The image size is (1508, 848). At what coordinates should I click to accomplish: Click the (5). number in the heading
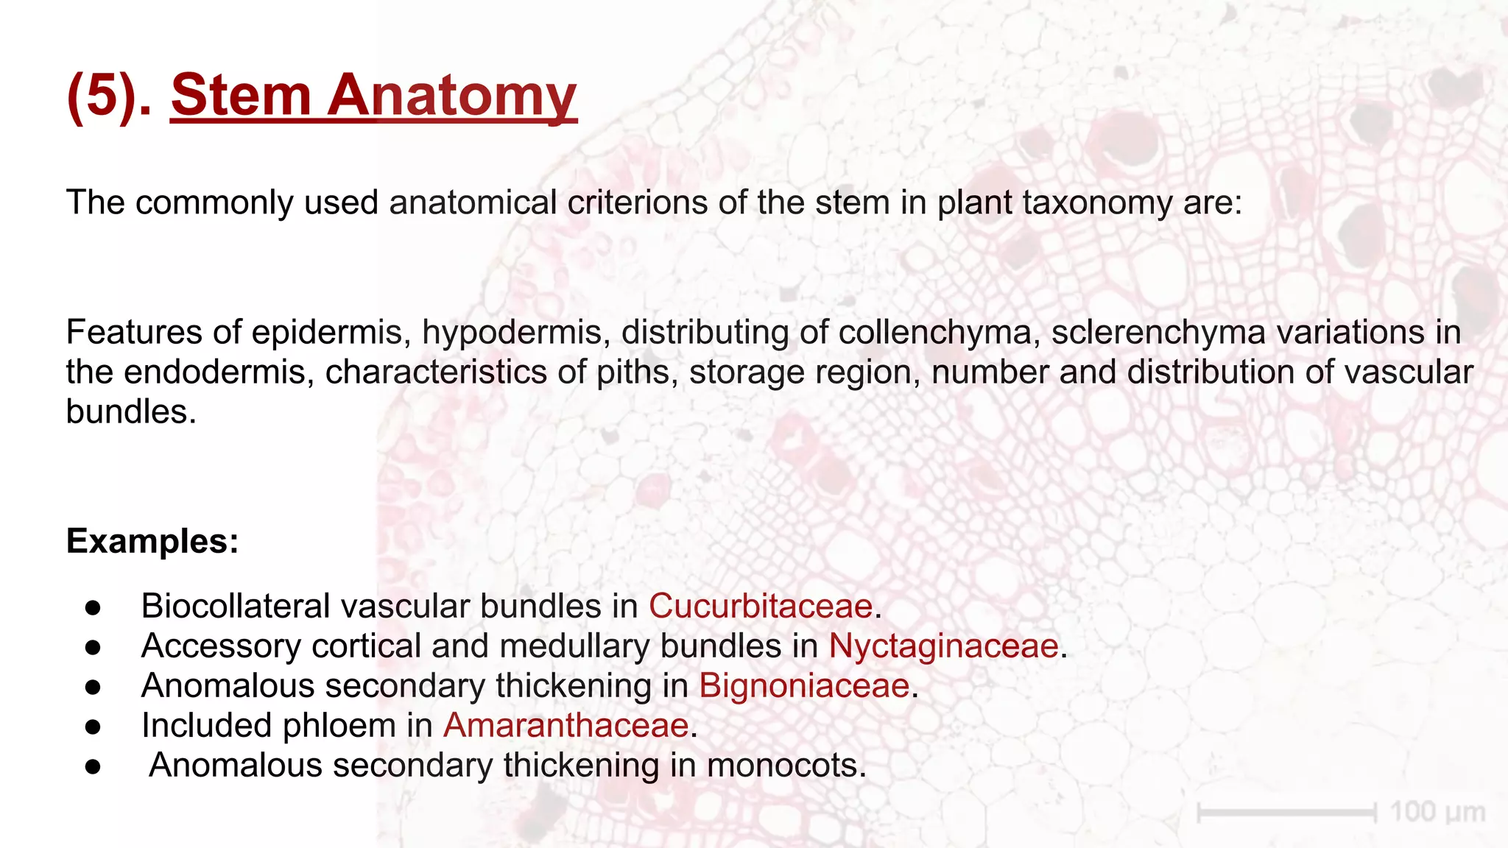(x=109, y=96)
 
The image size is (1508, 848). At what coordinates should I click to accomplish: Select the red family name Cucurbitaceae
(x=760, y=607)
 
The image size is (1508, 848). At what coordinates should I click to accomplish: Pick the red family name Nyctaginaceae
(x=943, y=646)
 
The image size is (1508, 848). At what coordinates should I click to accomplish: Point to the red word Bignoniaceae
(x=804, y=686)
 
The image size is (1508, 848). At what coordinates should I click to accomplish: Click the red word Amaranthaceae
(x=565, y=726)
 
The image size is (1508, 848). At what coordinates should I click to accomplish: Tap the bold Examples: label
(x=152, y=541)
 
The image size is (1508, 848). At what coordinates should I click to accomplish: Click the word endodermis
(x=214, y=372)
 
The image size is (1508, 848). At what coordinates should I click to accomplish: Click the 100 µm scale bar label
(x=1437, y=813)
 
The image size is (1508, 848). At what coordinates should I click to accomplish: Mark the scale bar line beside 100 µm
(x=1287, y=813)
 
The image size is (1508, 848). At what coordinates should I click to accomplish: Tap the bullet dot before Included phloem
(x=93, y=727)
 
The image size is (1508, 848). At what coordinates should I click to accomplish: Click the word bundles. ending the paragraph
(x=131, y=412)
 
